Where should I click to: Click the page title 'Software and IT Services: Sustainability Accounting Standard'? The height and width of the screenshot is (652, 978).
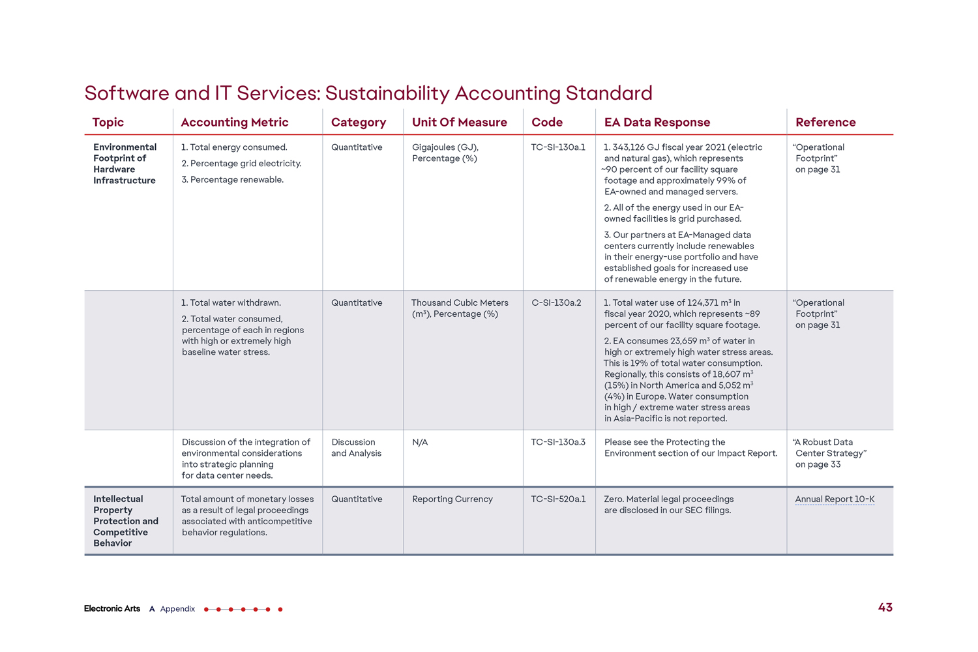tap(368, 93)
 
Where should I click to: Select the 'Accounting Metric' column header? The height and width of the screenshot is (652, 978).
tap(235, 123)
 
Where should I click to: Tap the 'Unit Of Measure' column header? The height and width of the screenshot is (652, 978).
tap(460, 123)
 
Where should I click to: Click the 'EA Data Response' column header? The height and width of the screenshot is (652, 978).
tap(657, 123)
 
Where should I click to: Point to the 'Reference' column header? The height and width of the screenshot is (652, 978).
tap(825, 123)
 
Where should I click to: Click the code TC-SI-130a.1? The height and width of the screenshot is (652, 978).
tap(558, 147)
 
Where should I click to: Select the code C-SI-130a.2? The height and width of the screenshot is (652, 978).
tap(556, 303)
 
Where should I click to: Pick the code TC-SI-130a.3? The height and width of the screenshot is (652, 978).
tap(558, 442)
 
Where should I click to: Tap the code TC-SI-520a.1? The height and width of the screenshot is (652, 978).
tap(558, 499)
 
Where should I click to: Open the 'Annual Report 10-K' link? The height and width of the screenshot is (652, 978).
tap(835, 499)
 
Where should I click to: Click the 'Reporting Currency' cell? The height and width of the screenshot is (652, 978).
tap(452, 499)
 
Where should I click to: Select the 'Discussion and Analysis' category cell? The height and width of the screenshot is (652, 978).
tap(356, 447)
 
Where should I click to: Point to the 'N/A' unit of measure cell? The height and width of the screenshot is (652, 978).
tap(420, 442)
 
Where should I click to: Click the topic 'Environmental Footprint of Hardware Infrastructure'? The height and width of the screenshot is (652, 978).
tap(125, 164)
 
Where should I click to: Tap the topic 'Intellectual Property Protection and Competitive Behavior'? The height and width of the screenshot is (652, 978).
tap(125, 521)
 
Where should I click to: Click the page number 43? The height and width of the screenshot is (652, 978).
tap(885, 608)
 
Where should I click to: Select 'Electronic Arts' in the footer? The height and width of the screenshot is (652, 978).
tap(112, 609)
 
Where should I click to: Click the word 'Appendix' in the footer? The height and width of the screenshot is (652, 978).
tap(177, 609)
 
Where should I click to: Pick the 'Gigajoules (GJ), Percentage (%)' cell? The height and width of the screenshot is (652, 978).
tap(445, 153)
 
